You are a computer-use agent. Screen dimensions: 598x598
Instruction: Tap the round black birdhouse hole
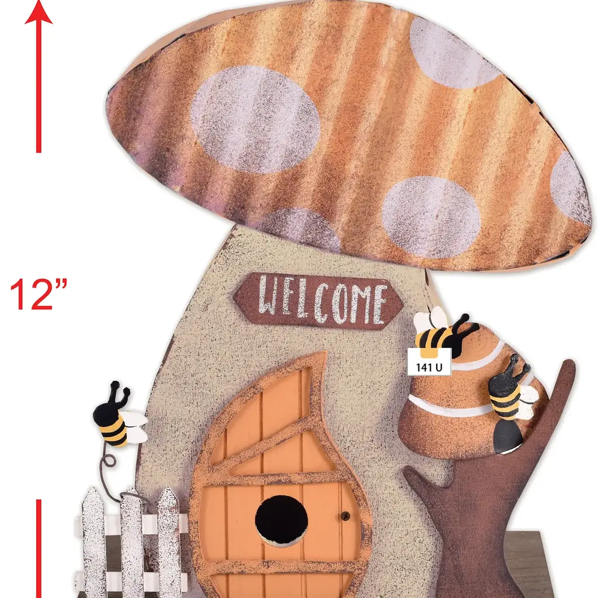(x=281, y=520)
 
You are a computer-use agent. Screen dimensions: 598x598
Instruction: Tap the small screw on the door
(x=345, y=515)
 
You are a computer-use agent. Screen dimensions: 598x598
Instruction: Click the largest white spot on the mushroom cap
(x=255, y=120)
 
